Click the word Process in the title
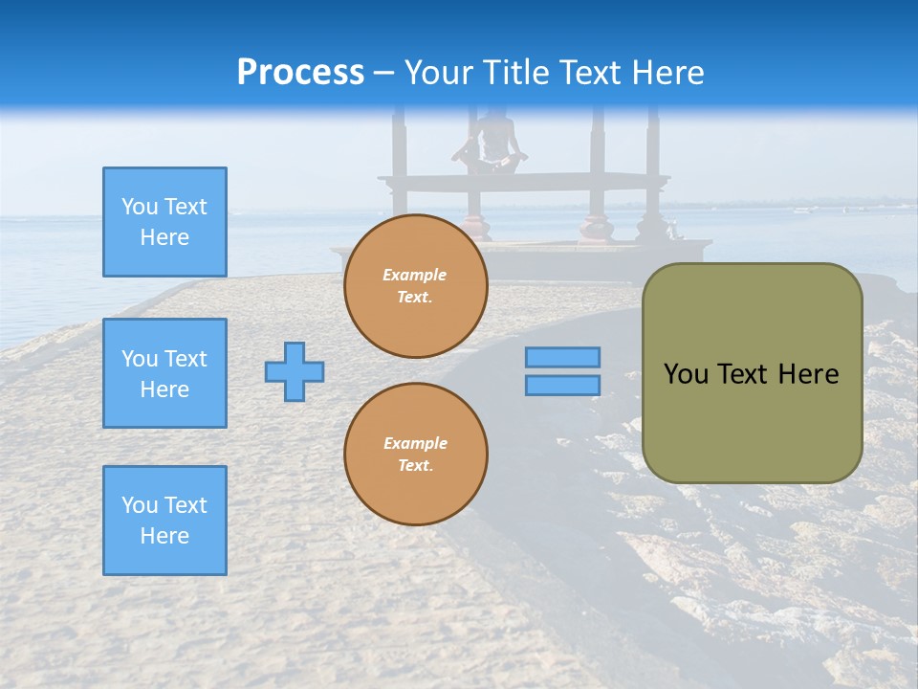300,73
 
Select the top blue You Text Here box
164,222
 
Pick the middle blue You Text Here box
164,373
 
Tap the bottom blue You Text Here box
164,521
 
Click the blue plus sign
295,371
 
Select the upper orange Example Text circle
415,286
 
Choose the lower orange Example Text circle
415,455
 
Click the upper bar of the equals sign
562,358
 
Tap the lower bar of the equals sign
562,385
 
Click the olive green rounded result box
752,373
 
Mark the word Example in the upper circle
414,275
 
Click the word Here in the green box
808,374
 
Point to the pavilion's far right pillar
653,172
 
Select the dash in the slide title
384,74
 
